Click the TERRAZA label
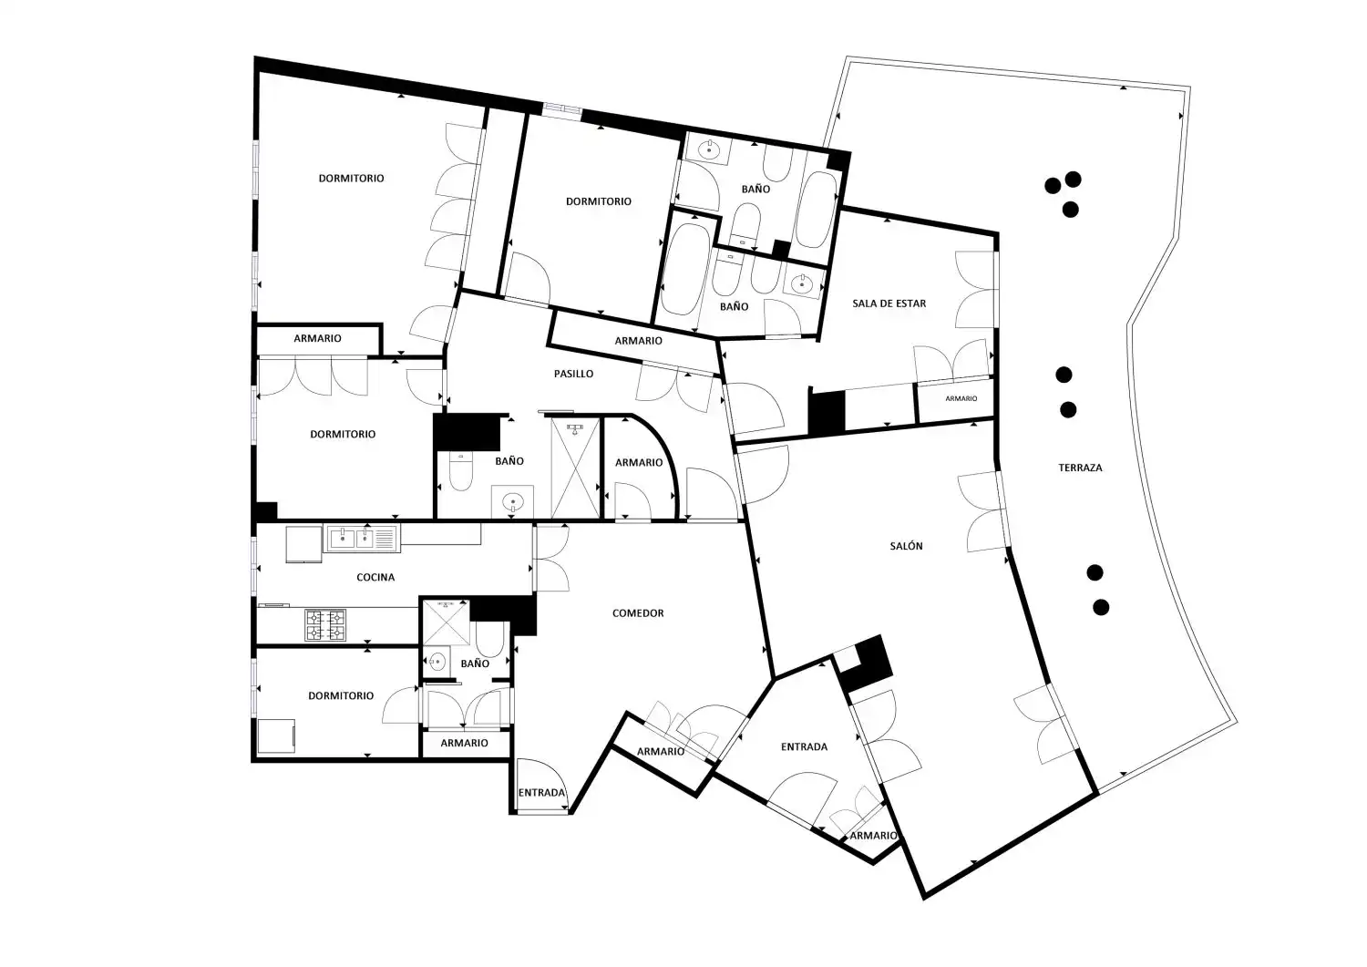pyautogui.click(x=1080, y=468)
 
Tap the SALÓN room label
pyautogui.click(x=906, y=546)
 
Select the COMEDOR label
pyautogui.click(x=638, y=613)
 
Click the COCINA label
pyautogui.click(x=375, y=577)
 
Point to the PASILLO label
pyautogui.click(x=573, y=374)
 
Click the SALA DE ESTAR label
pyautogui.click(x=889, y=303)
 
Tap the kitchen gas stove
pyautogui.click(x=325, y=625)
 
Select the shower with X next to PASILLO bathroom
pyautogui.click(x=575, y=468)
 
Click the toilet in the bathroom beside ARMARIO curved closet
pyautogui.click(x=461, y=470)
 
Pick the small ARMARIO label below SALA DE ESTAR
pyautogui.click(x=961, y=398)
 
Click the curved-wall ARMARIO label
pyautogui.click(x=639, y=463)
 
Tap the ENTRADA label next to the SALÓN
pyautogui.click(x=805, y=746)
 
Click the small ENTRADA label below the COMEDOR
pyautogui.click(x=541, y=793)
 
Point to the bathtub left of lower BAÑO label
pyautogui.click(x=683, y=269)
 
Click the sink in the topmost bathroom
pyautogui.click(x=708, y=149)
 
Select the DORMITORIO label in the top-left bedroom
pyautogui.click(x=352, y=179)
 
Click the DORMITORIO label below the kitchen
pyautogui.click(x=341, y=696)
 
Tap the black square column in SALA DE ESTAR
pyautogui.click(x=827, y=412)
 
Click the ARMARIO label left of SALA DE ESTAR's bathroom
pyautogui.click(x=638, y=341)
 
